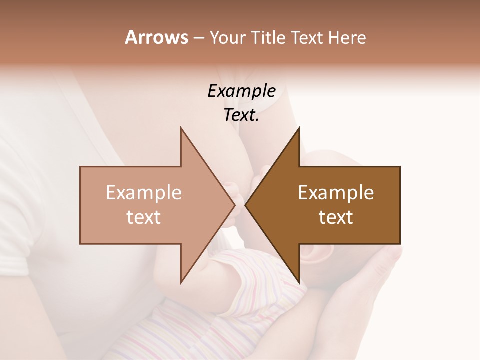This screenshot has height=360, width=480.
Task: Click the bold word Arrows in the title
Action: tap(156, 37)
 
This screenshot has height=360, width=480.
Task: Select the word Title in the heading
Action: tap(270, 38)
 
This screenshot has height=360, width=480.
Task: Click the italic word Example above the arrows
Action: tap(241, 91)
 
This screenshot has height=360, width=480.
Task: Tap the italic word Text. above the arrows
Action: tap(241, 115)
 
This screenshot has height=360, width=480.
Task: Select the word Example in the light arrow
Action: tap(144, 193)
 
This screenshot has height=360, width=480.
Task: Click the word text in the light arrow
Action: tap(144, 217)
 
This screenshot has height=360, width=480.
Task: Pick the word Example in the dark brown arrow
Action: tap(336, 193)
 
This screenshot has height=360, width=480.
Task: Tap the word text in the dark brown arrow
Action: tap(336, 217)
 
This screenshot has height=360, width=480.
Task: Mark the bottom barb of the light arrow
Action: tap(182, 281)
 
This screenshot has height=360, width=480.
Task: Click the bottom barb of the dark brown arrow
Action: tap(298, 281)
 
